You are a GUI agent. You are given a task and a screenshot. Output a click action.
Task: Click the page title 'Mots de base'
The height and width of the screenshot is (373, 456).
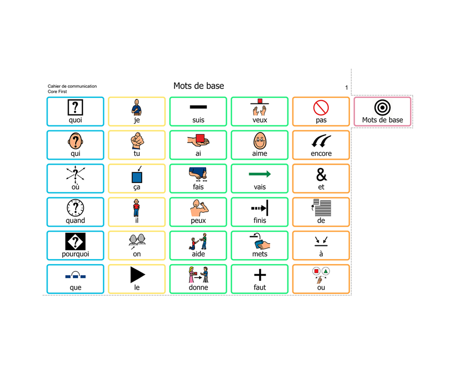point(198,86)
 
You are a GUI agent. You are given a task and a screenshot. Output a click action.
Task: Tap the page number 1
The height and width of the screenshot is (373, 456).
point(347,87)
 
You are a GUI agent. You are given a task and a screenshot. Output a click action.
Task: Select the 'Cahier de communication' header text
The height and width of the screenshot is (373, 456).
point(72,86)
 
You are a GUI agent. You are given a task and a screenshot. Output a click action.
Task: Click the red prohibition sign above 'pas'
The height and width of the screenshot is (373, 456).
point(321,107)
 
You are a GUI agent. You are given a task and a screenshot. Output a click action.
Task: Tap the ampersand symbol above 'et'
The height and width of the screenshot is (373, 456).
point(321,175)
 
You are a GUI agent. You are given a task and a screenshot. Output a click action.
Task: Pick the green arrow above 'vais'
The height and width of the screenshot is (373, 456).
point(260,174)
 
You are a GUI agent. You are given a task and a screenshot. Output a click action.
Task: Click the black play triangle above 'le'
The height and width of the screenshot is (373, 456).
point(137,275)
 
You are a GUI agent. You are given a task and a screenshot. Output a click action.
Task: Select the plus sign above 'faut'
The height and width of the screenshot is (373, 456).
point(260,275)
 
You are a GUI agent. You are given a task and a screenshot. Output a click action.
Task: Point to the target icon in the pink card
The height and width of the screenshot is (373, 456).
point(382,107)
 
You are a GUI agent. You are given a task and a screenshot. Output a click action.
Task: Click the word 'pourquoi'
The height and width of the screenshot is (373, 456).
point(75,254)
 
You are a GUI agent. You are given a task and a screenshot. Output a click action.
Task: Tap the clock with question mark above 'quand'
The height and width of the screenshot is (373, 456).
point(75,208)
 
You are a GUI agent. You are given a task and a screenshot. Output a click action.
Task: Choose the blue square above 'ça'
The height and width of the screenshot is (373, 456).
point(137,177)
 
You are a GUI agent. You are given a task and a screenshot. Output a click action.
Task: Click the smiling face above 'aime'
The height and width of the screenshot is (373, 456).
point(260,141)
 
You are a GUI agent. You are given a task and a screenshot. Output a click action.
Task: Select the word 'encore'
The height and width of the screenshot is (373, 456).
point(321,154)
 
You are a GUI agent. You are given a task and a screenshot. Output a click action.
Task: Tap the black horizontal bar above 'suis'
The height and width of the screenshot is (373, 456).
point(198,107)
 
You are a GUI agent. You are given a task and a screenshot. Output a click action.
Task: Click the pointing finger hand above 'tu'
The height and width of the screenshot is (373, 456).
point(137,141)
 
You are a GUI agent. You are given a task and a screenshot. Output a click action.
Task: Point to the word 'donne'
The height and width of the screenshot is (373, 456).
point(198,287)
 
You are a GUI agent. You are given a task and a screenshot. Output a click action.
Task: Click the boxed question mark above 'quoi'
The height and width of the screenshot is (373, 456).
point(75,107)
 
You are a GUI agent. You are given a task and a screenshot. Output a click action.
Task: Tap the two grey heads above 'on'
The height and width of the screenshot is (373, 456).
point(137,240)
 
